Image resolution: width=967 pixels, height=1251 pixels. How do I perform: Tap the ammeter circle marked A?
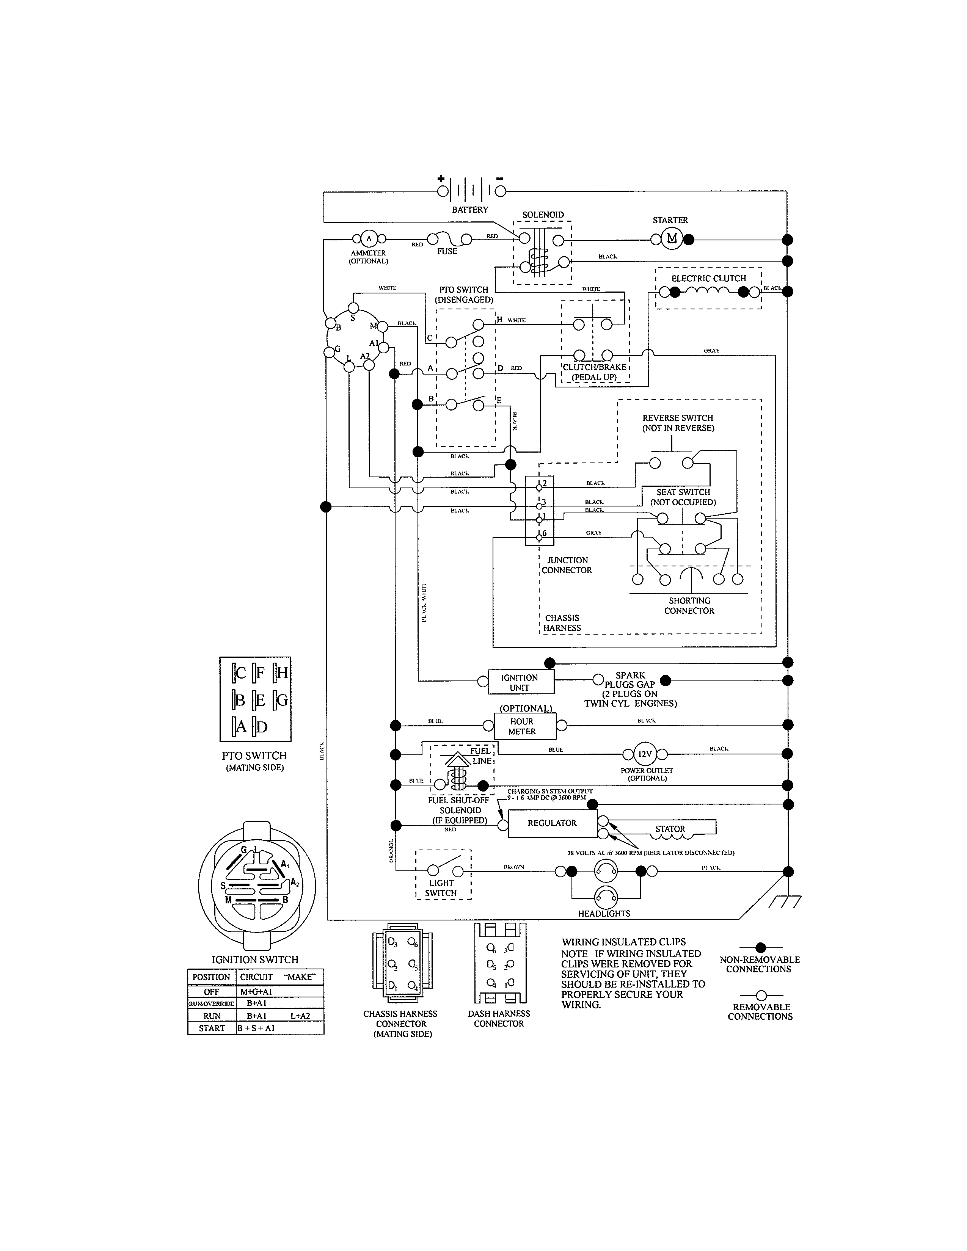point(368,239)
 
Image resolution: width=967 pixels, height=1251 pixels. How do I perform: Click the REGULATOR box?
point(552,823)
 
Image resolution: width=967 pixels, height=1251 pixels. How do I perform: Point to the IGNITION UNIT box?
point(520,682)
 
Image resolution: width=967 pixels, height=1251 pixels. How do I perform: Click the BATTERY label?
point(470,210)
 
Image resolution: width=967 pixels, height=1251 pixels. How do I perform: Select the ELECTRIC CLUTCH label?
point(709,278)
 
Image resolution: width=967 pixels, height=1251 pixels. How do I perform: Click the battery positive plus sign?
point(441,178)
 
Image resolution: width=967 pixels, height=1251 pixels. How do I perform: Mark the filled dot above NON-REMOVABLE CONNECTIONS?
point(760,948)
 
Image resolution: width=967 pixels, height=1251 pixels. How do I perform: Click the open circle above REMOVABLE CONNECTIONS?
point(761,995)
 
